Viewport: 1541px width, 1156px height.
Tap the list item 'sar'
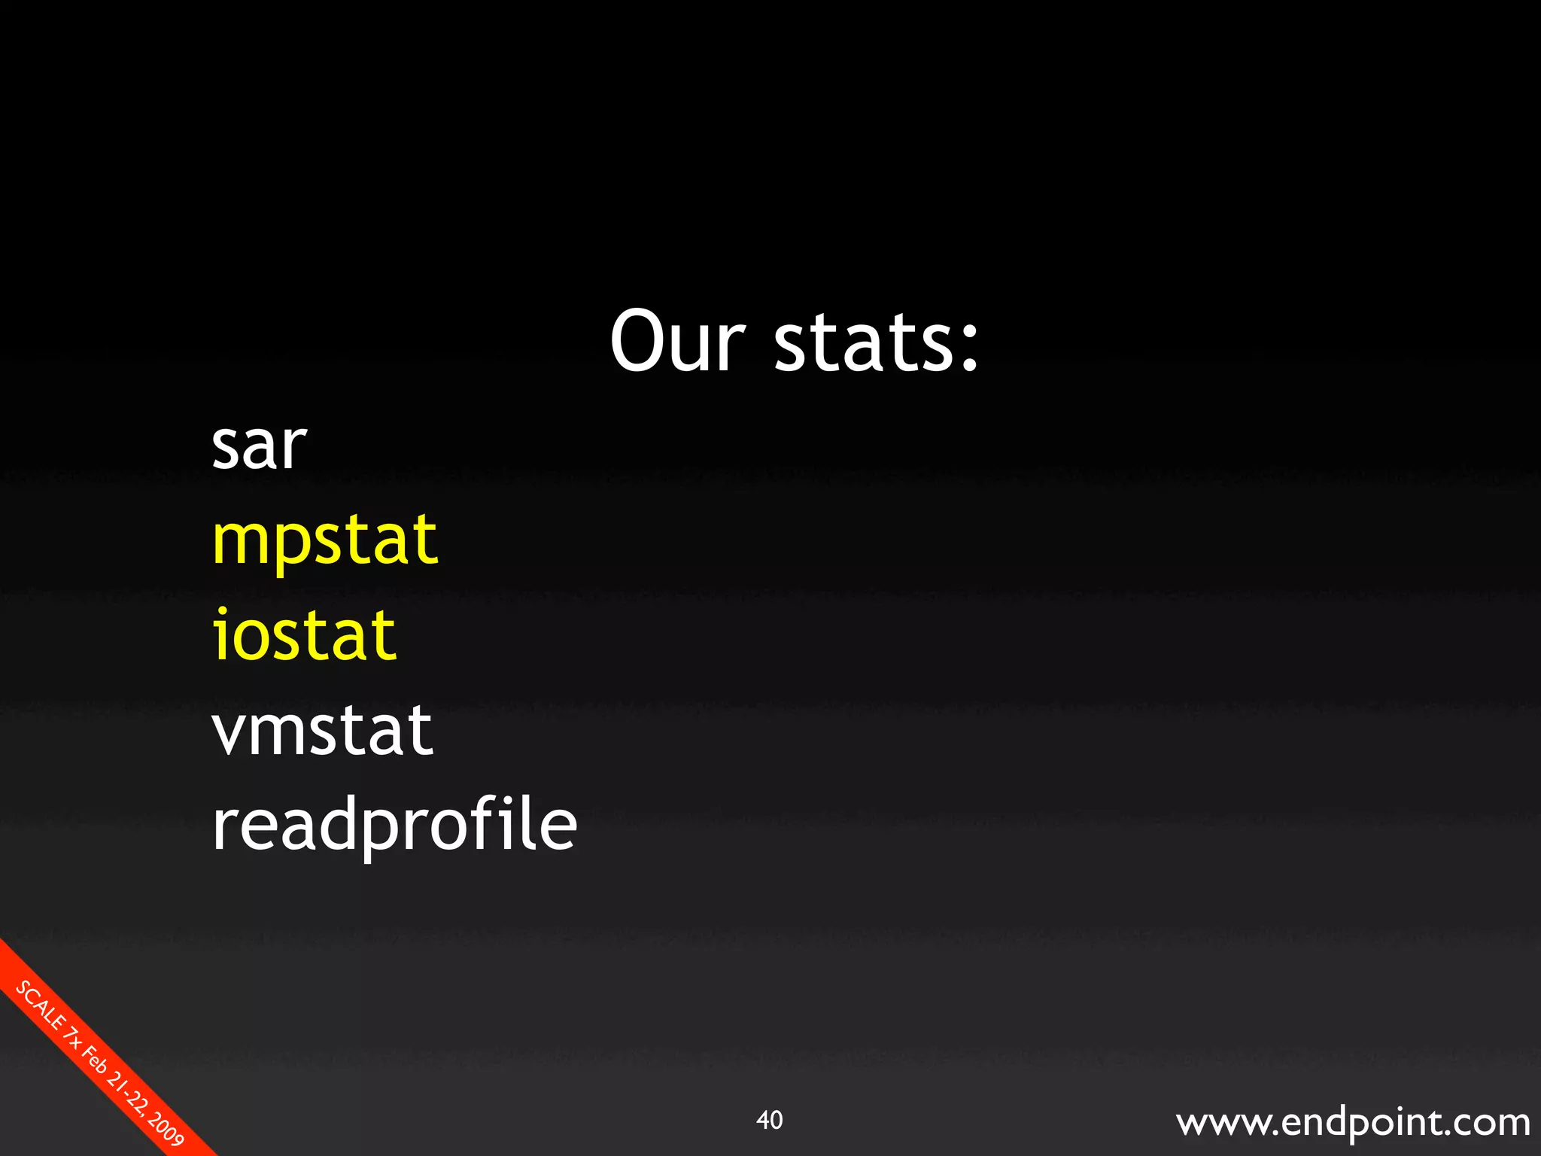pyautogui.click(x=259, y=446)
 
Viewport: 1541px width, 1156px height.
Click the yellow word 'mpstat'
pyautogui.click(x=324, y=540)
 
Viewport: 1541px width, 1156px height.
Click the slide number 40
pyautogui.click(x=769, y=1120)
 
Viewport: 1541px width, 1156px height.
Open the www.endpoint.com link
pyautogui.click(x=1352, y=1121)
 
